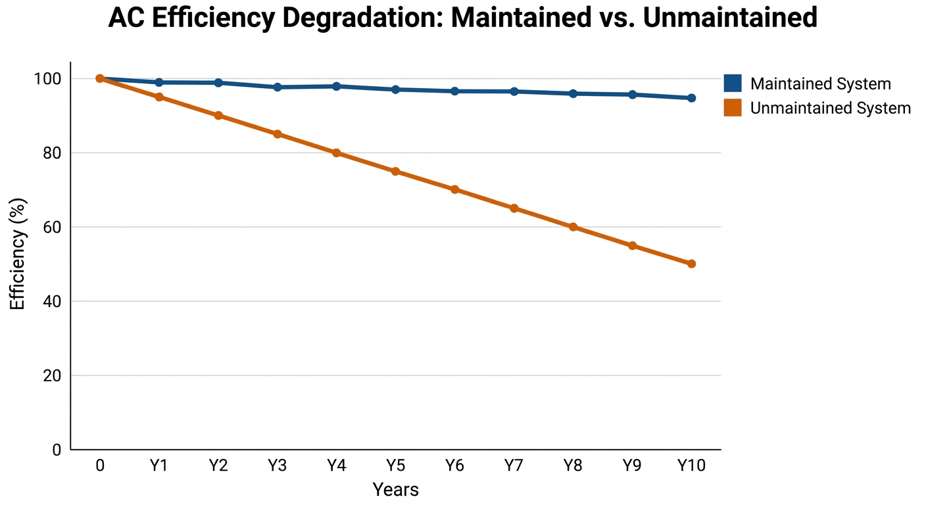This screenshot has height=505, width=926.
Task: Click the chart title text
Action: coord(462,18)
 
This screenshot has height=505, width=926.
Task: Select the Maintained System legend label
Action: coord(820,84)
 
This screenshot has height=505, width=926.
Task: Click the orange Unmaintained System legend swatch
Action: coord(733,108)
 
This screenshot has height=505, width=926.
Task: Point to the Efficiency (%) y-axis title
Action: coord(18,253)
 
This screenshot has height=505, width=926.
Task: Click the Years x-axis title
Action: coord(395,489)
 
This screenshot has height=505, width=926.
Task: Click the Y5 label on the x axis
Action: coord(395,466)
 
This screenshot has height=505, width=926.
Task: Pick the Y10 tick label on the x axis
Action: coord(691,466)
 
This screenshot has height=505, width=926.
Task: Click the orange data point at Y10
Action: coord(691,264)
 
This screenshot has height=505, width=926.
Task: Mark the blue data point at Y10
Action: coord(691,98)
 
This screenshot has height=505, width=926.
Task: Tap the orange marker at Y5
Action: coord(395,171)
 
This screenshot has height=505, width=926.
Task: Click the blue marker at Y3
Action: coord(278,87)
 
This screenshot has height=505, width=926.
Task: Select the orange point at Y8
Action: coord(573,227)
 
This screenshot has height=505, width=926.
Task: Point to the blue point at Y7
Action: coord(514,91)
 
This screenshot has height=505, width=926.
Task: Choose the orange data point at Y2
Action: coord(218,116)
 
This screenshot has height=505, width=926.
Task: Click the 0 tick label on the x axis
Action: coord(100,466)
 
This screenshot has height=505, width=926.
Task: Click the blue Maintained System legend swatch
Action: coord(733,84)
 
